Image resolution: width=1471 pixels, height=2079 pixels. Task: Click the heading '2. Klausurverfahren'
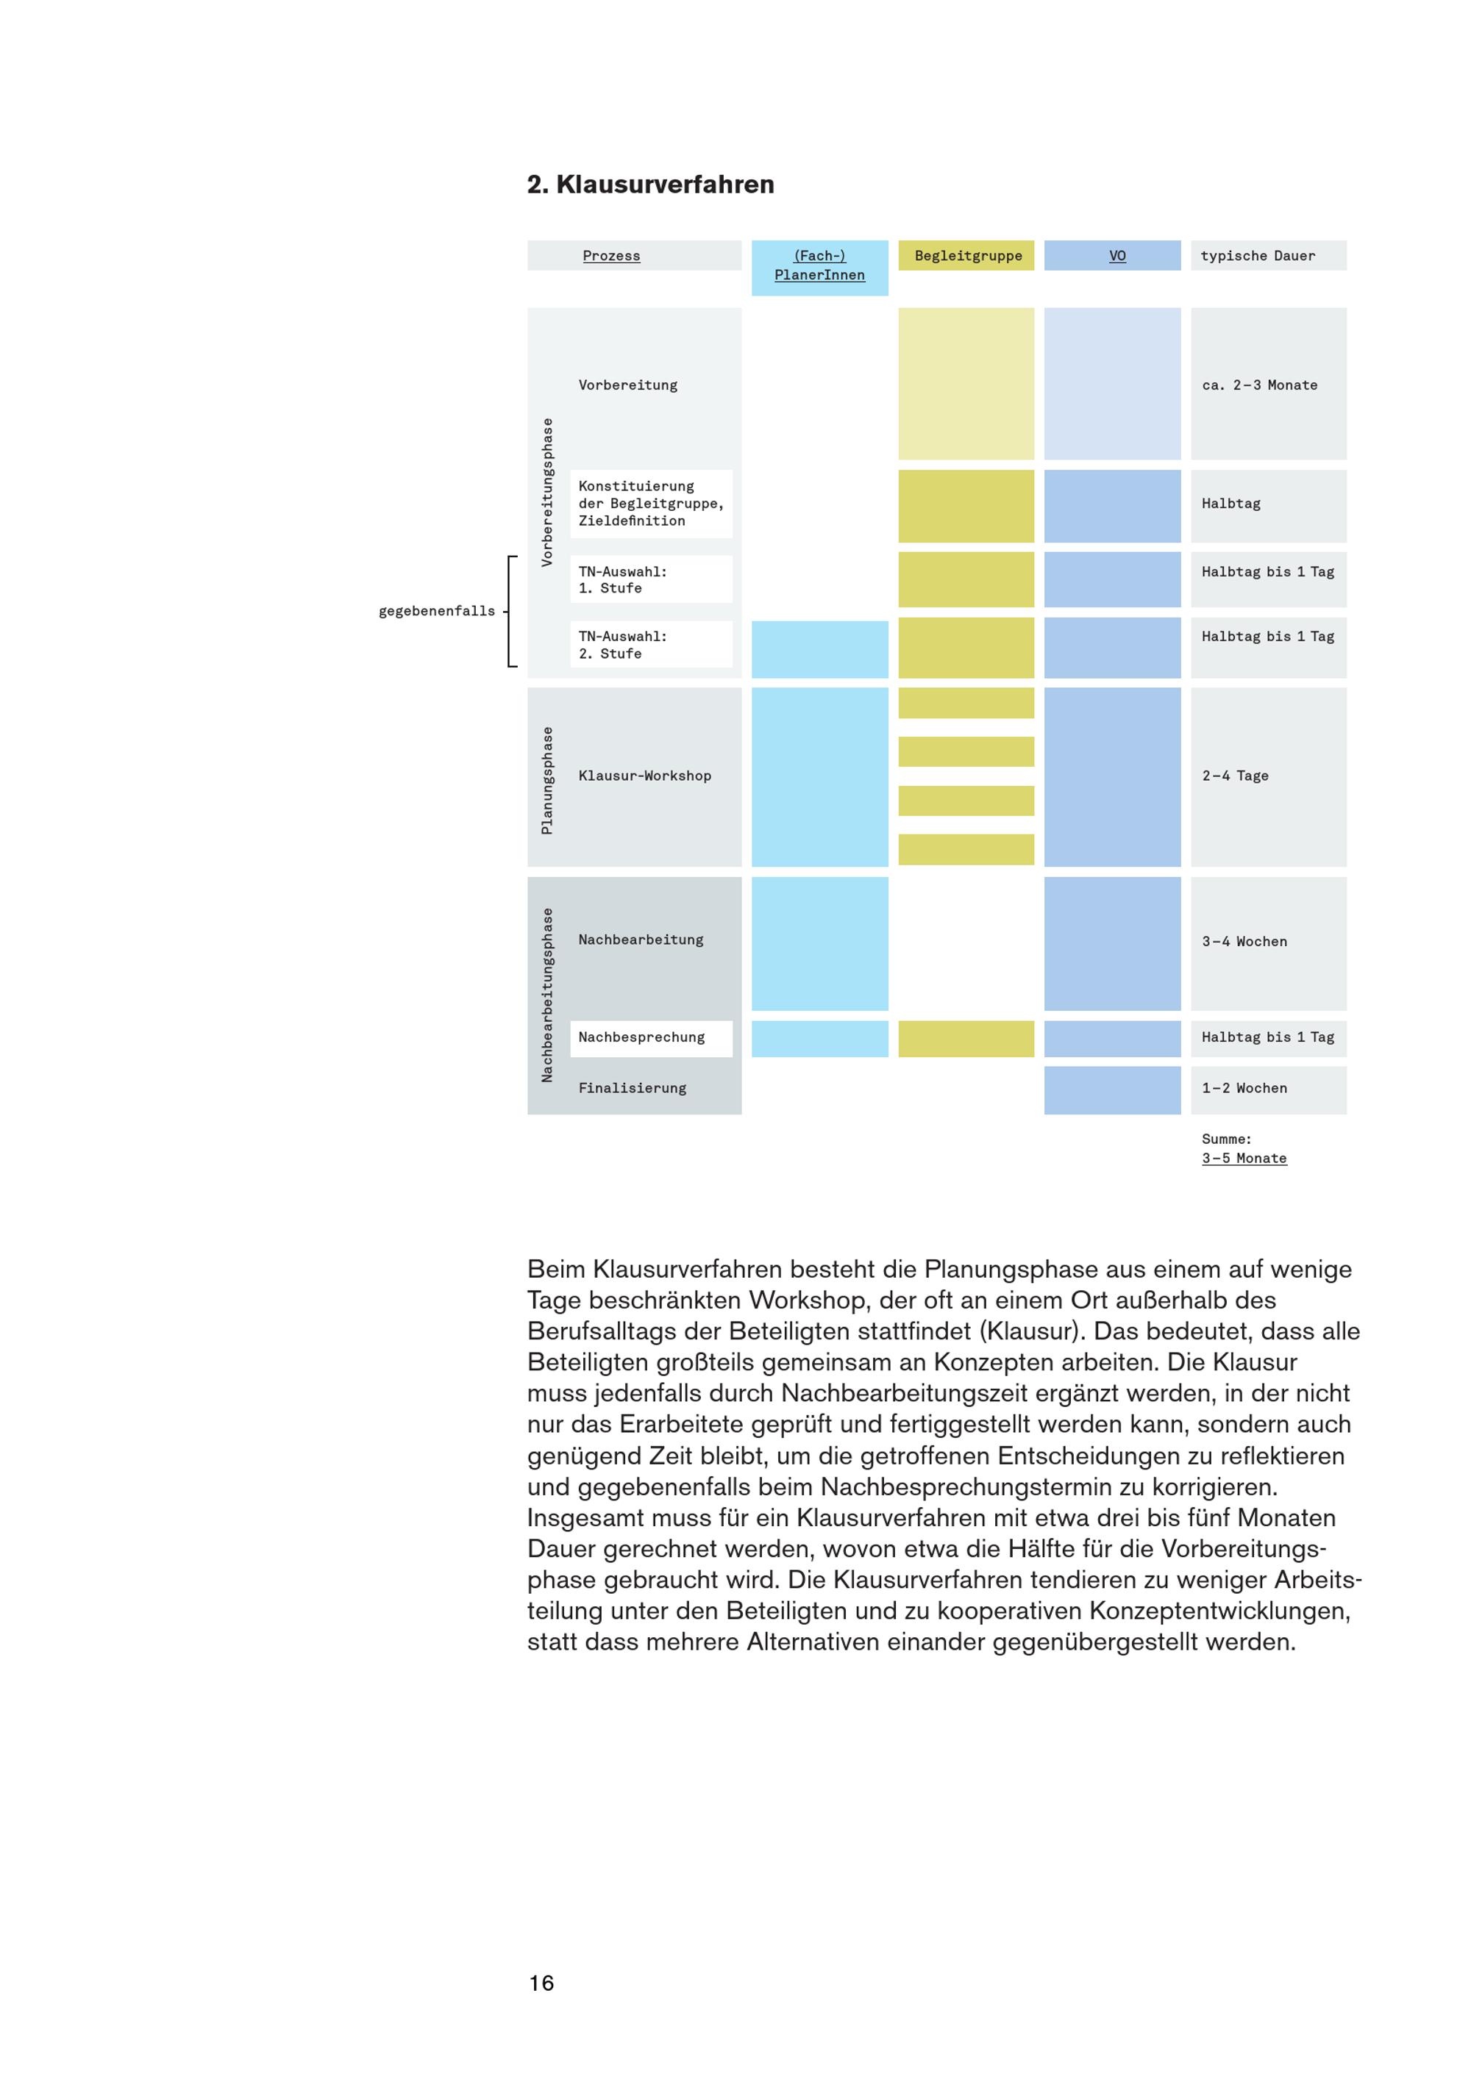650,185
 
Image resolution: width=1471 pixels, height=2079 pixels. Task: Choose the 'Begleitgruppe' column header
966,255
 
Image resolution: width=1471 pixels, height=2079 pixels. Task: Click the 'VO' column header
1112,255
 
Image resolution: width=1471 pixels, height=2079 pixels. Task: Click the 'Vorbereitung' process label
627,384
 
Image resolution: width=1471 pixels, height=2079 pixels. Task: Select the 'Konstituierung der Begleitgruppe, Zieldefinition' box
651,504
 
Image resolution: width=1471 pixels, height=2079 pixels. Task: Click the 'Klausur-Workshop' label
645,776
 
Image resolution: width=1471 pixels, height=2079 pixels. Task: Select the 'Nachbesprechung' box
651,1038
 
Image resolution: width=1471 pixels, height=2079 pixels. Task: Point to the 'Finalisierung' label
633,1089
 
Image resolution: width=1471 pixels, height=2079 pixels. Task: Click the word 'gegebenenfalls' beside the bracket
437,611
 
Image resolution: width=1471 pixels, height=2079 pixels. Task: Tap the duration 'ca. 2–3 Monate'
1260,384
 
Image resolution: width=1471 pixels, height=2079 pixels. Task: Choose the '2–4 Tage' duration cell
1268,776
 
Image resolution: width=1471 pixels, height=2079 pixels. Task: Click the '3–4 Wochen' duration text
1244,942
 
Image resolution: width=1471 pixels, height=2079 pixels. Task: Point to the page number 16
541,1983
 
